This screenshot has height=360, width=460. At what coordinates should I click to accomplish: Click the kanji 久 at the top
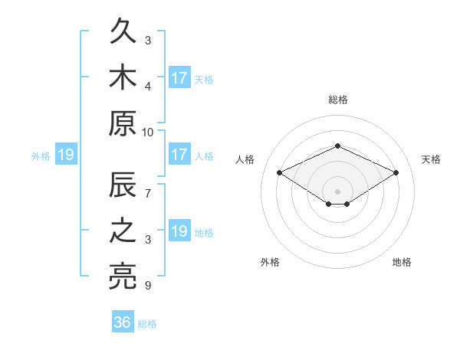(123, 31)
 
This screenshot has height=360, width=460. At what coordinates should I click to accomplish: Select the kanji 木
(123, 77)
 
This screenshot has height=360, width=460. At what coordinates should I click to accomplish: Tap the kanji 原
(123, 123)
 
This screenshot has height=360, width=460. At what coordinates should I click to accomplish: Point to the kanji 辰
(123, 185)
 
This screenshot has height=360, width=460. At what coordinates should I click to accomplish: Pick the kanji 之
(123, 231)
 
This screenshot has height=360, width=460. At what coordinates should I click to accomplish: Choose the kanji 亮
(123, 277)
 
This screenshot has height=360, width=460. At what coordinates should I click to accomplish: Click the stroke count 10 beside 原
(147, 133)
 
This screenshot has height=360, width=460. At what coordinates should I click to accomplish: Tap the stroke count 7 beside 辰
(148, 194)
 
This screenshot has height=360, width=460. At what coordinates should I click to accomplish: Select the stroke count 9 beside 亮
(148, 285)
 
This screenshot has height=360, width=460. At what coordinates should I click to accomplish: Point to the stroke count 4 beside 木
(148, 87)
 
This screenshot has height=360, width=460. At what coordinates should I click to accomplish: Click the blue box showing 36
(123, 321)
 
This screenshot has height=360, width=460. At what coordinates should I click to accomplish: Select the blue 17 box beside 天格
(180, 77)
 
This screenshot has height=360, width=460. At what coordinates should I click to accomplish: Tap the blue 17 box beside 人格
(180, 154)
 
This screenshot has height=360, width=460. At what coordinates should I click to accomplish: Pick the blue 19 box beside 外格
(66, 154)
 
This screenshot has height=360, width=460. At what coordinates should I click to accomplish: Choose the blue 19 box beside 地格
(180, 230)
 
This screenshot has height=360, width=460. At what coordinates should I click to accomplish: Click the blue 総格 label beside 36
(147, 324)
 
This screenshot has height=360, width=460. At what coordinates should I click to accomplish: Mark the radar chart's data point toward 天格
(396, 172)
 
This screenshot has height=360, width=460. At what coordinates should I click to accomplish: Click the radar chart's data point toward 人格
(280, 172)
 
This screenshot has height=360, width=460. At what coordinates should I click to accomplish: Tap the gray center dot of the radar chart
(337, 191)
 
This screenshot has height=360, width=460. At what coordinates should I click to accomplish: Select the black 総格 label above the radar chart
(338, 100)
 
